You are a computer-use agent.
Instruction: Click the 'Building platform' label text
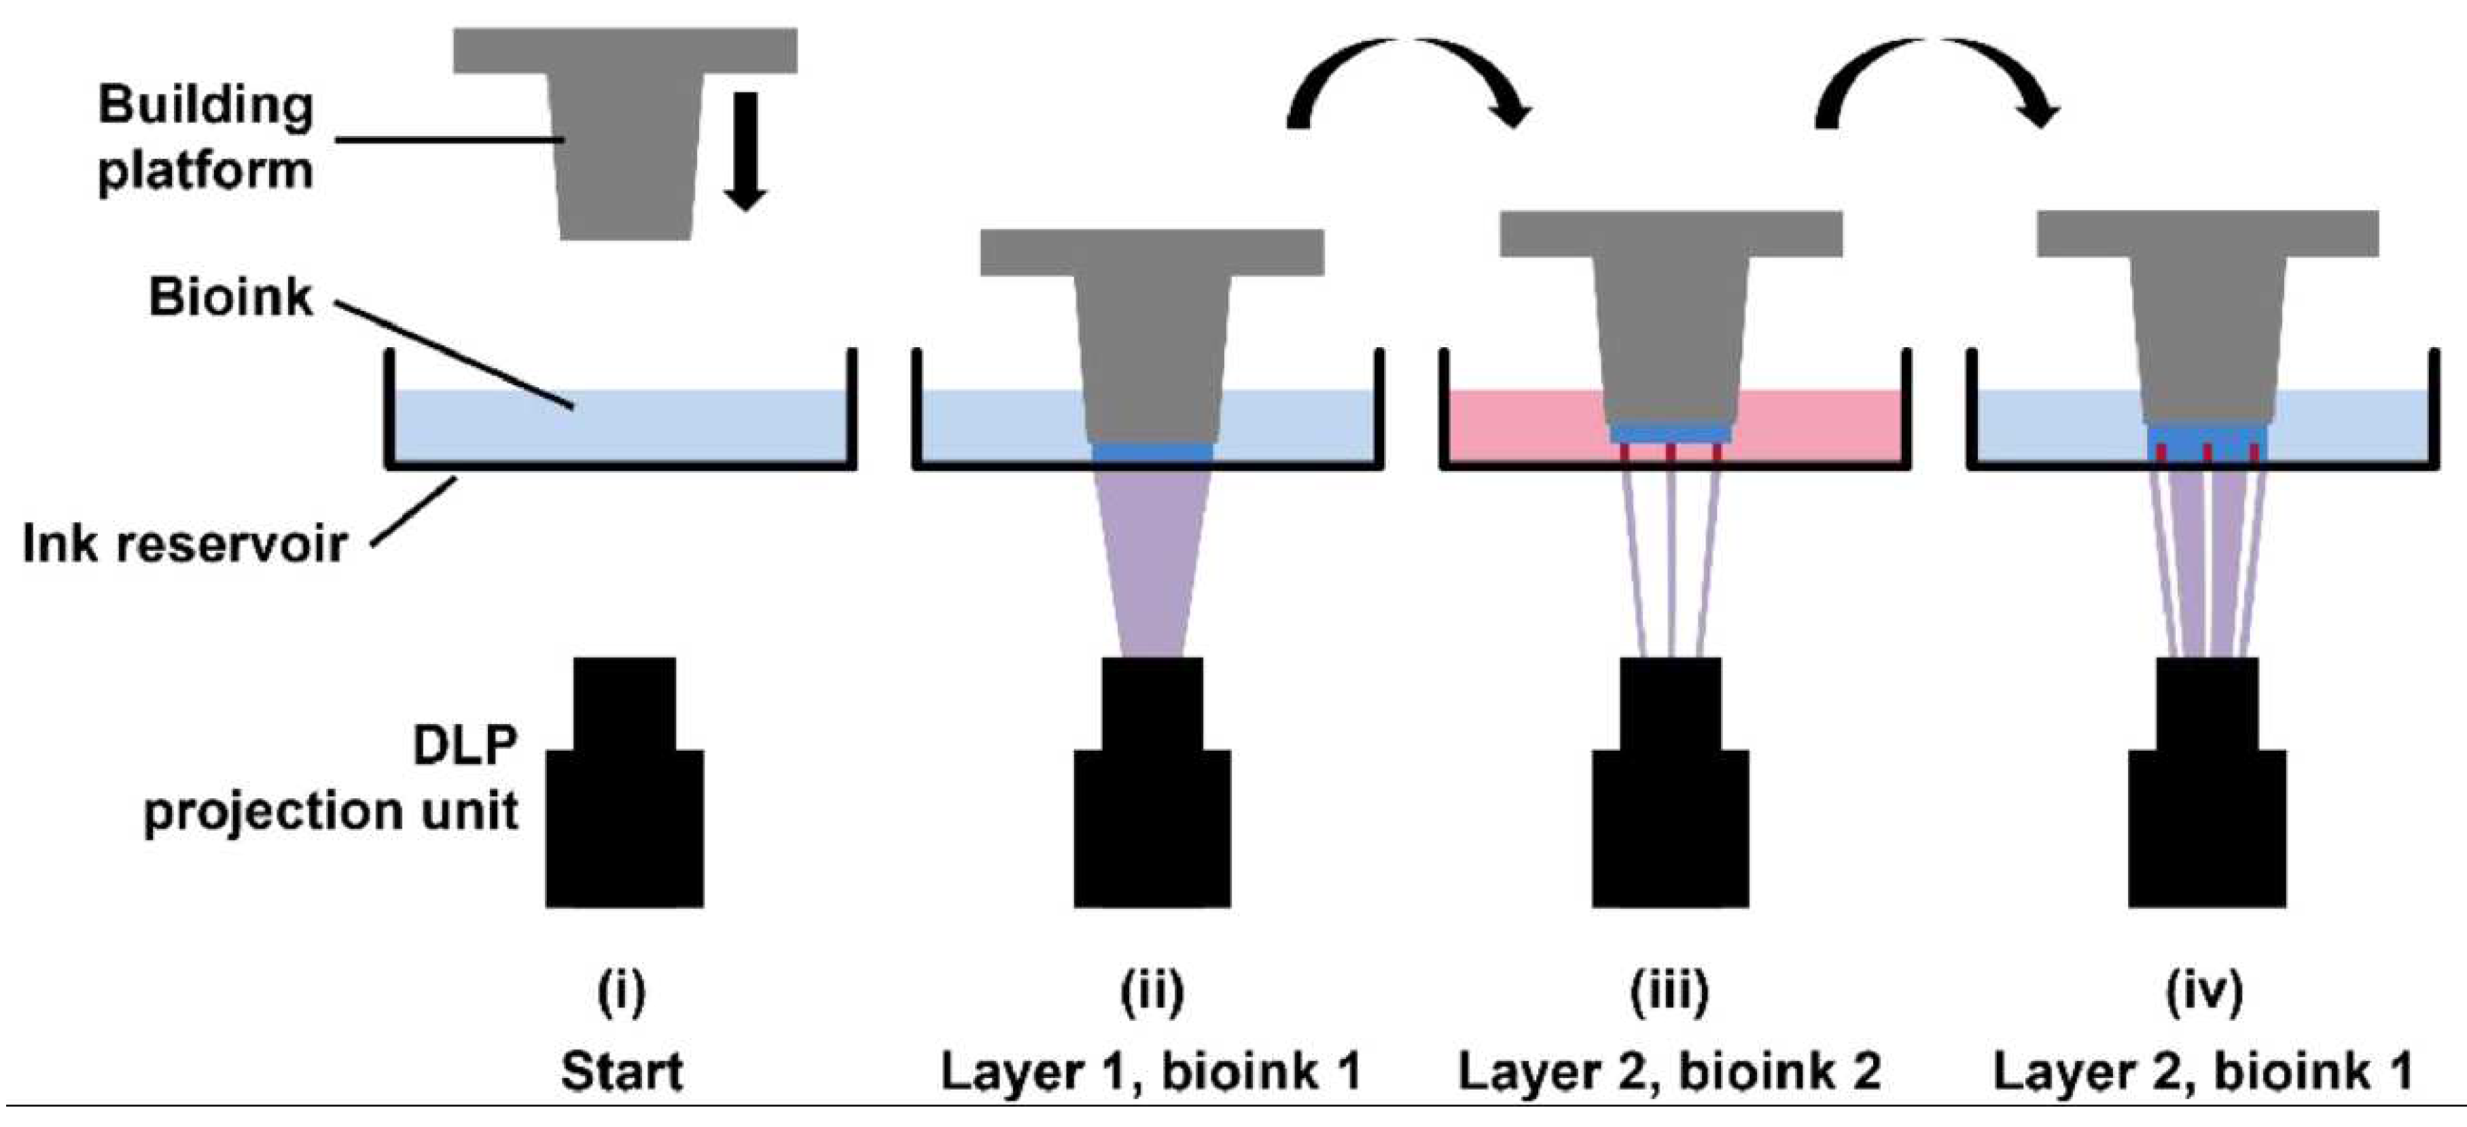[x=205, y=139]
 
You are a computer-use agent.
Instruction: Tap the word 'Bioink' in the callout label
[x=230, y=298]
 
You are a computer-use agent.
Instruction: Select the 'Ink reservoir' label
[x=184, y=545]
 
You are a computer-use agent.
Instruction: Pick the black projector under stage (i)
[x=624, y=795]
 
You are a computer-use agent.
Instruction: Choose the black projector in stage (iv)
[x=2207, y=795]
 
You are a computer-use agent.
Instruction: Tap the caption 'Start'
[x=622, y=1071]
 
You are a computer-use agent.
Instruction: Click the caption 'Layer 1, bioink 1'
[x=1150, y=1071]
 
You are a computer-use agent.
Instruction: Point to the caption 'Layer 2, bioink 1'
[x=2203, y=1071]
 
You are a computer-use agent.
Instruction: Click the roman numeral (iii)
[x=1669, y=993]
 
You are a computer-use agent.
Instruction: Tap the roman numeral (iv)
[x=2203, y=993]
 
